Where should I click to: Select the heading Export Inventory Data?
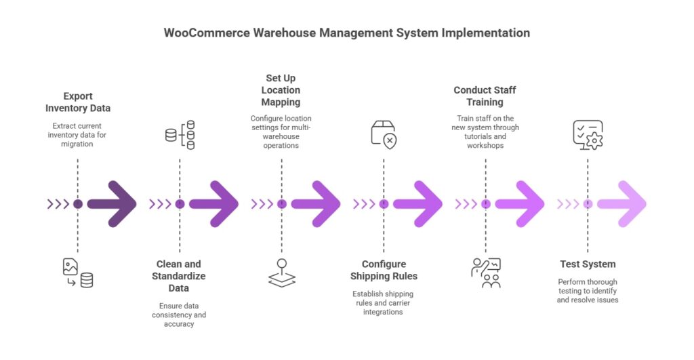click(78, 102)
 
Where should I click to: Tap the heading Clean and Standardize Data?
click(180, 276)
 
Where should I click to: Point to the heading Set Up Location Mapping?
click(281, 90)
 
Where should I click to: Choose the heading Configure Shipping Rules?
click(384, 270)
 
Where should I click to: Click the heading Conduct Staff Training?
click(485, 96)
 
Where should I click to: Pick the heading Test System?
click(588, 264)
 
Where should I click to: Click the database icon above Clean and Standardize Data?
click(180, 136)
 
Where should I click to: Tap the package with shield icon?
click(384, 134)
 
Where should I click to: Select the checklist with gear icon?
click(588, 134)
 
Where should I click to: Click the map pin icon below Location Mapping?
click(281, 273)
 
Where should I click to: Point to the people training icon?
click(485, 273)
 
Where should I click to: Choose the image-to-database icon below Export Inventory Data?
click(78, 273)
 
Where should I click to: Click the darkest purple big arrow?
click(113, 204)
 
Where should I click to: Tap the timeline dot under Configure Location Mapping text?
click(281, 204)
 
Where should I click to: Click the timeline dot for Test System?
click(588, 204)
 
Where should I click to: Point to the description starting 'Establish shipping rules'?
click(384, 302)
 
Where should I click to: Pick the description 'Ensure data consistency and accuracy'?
click(180, 315)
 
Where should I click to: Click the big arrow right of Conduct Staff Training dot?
click(520, 204)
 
